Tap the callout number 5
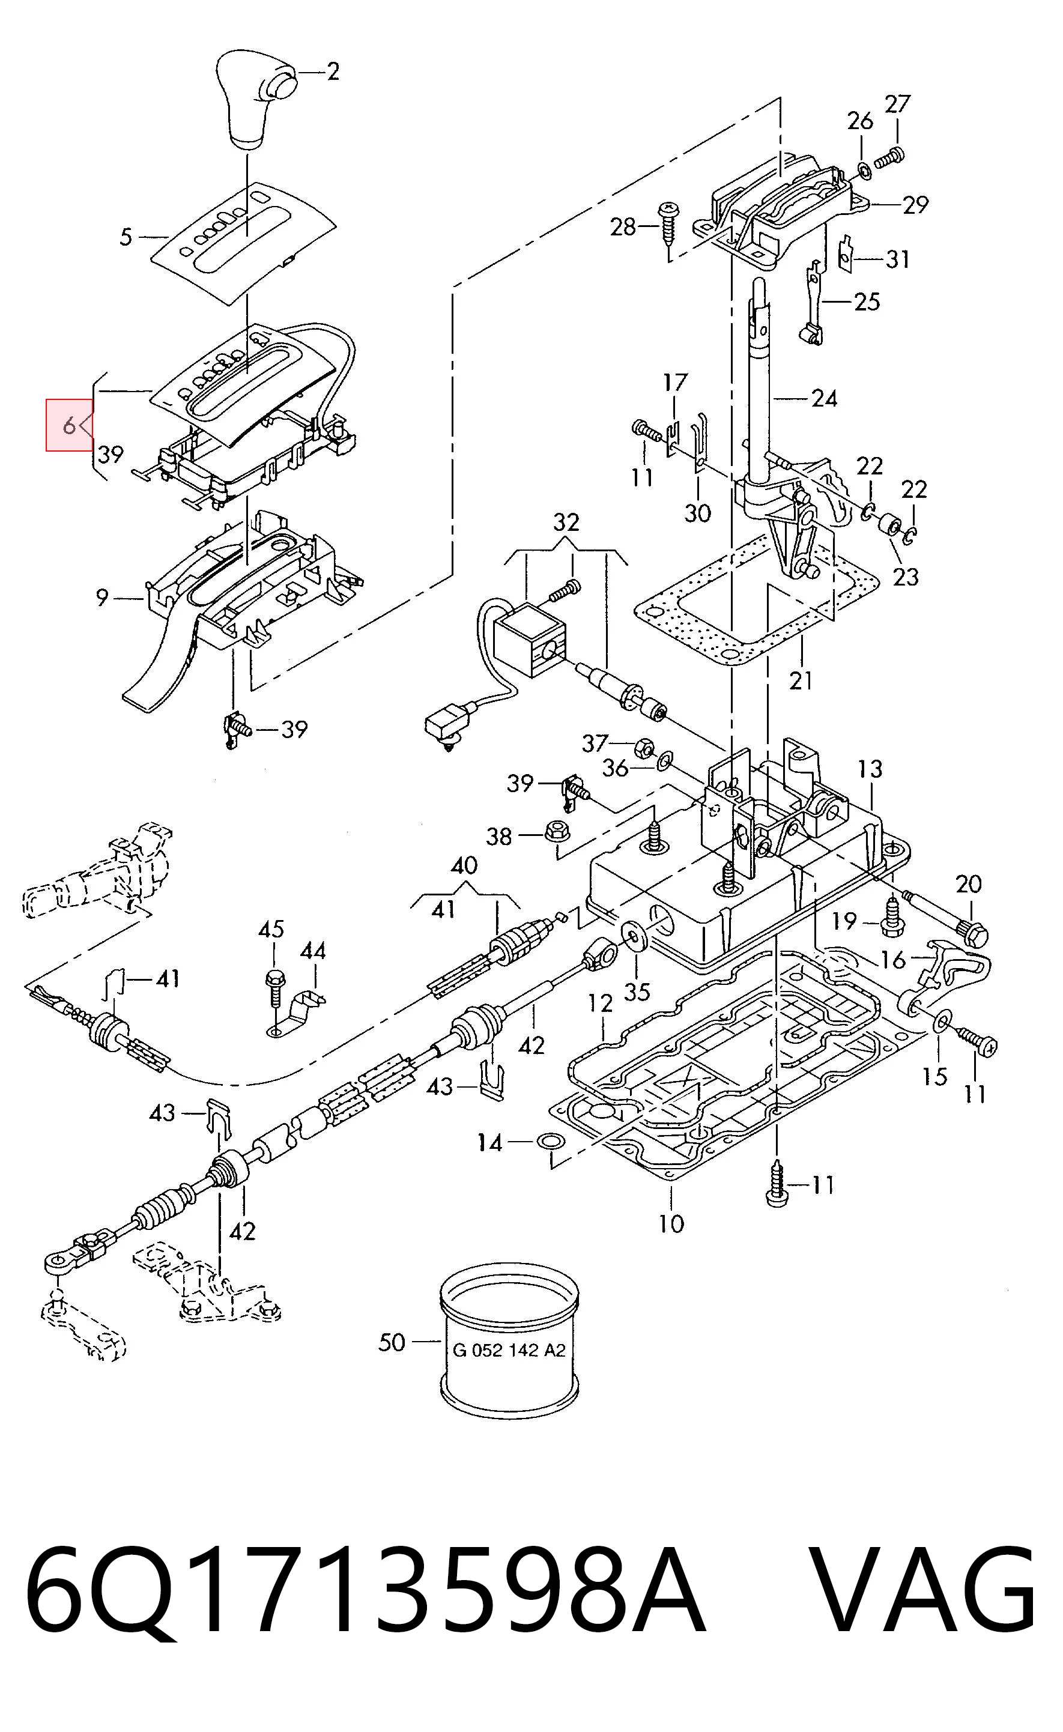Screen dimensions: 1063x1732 [126, 237]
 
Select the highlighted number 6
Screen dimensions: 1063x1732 [69, 425]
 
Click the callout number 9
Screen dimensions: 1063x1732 [103, 598]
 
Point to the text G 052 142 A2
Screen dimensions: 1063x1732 [509, 1350]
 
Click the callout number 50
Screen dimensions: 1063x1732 [392, 1343]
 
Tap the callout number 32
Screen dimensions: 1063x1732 [566, 522]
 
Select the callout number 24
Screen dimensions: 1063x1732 [825, 399]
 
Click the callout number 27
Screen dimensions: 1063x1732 [897, 104]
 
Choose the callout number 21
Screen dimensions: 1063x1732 [801, 680]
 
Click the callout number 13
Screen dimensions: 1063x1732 [870, 769]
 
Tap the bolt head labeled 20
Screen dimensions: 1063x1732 [977, 934]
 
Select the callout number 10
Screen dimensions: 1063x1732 [671, 1224]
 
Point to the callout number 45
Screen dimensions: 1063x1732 [271, 929]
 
